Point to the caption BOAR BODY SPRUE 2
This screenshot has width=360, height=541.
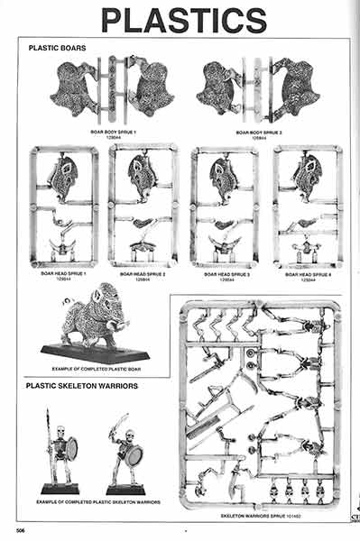[256, 132]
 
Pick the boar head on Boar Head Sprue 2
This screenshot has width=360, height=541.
[143, 172]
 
